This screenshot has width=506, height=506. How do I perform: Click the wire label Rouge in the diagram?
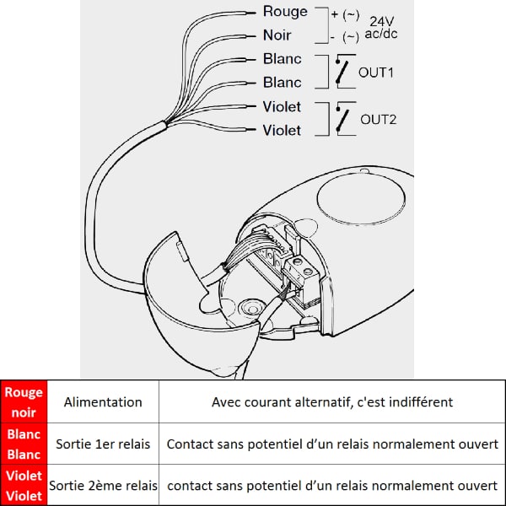coord(285,13)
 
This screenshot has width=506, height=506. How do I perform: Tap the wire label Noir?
coord(277,35)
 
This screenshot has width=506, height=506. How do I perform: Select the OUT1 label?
coord(376,73)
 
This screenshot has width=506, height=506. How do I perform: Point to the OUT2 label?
coord(378,120)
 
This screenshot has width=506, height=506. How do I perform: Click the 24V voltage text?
coord(382,22)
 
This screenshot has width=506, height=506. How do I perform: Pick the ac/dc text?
coord(381,34)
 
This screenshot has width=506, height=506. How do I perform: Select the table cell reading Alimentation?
coord(103,402)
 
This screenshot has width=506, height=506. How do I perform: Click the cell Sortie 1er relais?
coord(103,444)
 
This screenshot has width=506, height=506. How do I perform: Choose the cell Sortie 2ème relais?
coord(103,486)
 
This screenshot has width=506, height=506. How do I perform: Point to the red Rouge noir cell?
coord(24,401)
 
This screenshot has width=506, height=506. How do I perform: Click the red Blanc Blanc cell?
coord(24,444)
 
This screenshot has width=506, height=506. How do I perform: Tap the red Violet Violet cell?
coord(24,486)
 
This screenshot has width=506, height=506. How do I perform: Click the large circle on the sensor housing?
coord(361,199)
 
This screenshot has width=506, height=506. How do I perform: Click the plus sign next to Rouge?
coord(335,14)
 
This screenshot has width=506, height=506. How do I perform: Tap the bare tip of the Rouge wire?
coord(251,13)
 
